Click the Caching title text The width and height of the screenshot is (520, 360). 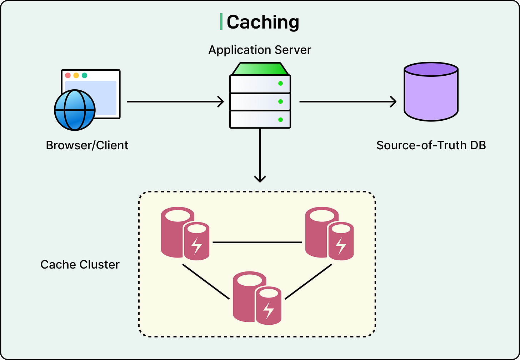263,22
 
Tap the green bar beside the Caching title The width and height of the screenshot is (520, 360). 221,21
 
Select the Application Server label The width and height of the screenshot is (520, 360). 260,50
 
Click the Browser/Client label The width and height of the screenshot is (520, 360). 87,145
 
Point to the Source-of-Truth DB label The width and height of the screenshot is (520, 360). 431,145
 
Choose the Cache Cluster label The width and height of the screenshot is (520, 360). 80,265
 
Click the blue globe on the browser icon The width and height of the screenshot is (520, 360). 75,110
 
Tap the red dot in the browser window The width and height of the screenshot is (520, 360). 68,75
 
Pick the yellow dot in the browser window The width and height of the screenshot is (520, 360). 76,75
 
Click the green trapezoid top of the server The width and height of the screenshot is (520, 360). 260,69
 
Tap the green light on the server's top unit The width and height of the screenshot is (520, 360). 280,83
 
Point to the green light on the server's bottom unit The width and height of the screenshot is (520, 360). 280,120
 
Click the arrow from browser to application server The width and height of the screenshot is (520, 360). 175,102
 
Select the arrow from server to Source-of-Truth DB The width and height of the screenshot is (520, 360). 347,102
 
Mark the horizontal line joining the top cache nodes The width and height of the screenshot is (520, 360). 257,242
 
